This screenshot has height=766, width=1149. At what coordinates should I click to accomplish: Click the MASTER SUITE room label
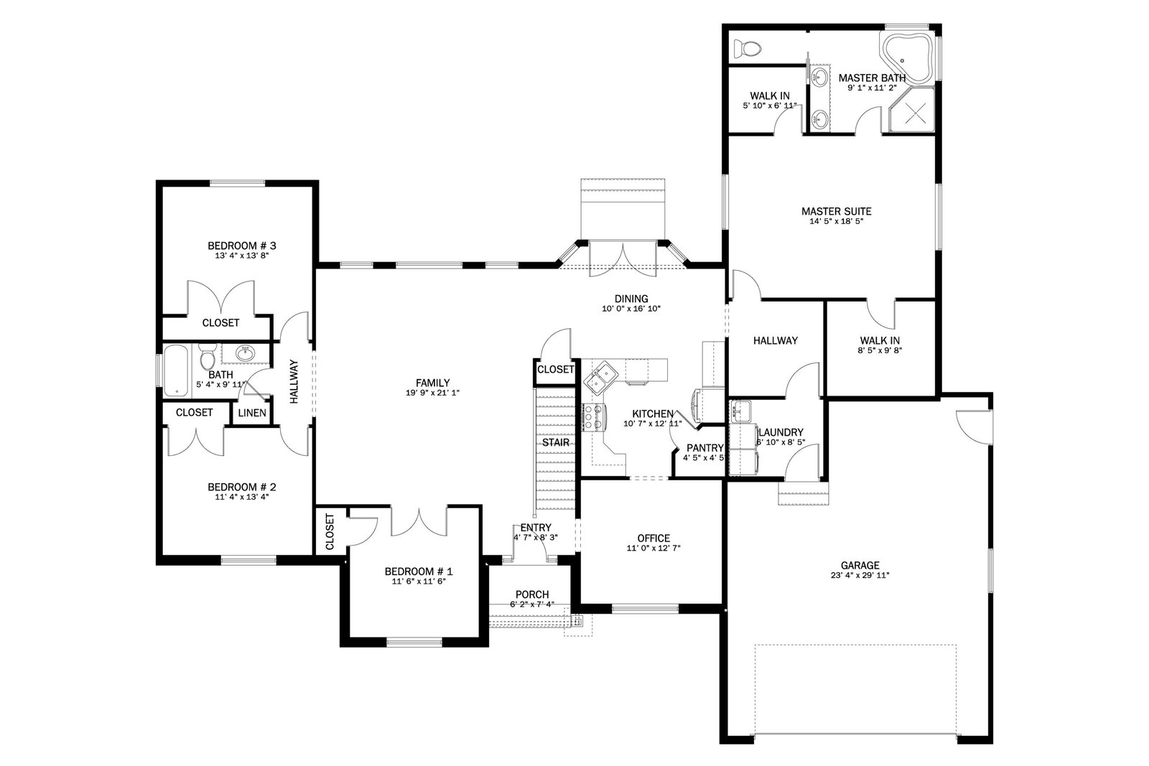click(x=836, y=211)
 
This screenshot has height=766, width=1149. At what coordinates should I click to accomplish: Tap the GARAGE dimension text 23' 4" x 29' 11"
click(x=860, y=575)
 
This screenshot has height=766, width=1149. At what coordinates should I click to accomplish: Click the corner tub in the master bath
click(x=907, y=58)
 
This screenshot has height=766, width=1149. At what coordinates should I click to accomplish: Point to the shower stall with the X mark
click(x=911, y=111)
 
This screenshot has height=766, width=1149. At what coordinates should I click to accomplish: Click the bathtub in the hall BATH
click(x=177, y=370)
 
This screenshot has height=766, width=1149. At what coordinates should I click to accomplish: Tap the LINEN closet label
click(x=252, y=413)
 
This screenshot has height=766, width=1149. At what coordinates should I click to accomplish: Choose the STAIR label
click(x=556, y=442)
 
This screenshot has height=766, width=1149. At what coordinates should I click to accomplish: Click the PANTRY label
click(x=704, y=448)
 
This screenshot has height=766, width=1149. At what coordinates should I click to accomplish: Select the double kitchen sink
click(x=602, y=378)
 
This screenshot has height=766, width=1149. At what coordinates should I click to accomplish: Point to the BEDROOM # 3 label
click(x=241, y=246)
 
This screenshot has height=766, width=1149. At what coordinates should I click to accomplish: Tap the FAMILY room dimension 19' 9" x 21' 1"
click(x=432, y=393)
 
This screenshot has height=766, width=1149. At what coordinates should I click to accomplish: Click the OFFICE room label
click(x=653, y=538)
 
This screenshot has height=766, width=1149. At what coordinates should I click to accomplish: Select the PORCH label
click(x=532, y=594)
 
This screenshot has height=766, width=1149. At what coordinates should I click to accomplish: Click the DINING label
click(x=631, y=299)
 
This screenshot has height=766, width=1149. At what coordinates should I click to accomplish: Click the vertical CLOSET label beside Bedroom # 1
click(x=330, y=531)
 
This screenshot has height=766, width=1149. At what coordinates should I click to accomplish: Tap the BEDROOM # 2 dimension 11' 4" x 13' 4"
click(x=241, y=496)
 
